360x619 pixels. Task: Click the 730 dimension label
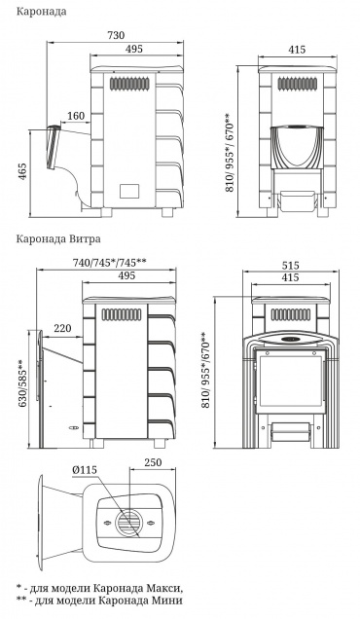[x=116, y=35]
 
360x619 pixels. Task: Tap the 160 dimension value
[x=76, y=116]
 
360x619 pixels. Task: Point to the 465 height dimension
[x=22, y=171]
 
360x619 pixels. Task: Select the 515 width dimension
[x=291, y=266]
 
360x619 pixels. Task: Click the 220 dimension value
[x=63, y=328]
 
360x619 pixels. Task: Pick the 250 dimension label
[x=153, y=462]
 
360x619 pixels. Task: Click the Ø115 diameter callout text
[x=84, y=470]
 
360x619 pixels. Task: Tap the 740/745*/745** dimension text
[x=109, y=263]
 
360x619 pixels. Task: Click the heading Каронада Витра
[x=58, y=238]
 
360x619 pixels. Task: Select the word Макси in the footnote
[x=169, y=588]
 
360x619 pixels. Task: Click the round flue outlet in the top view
[x=128, y=523]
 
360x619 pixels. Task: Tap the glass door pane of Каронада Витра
[x=291, y=381]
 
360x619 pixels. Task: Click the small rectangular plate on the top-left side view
[x=128, y=191]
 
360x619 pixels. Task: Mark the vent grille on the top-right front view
[x=297, y=84]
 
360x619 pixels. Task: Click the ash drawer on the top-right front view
[x=297, y=200]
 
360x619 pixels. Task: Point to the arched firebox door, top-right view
[x=297, y=147]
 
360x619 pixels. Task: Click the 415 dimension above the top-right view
[x=297, y=50]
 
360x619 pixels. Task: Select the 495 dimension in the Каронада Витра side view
[x=127, y=275]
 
